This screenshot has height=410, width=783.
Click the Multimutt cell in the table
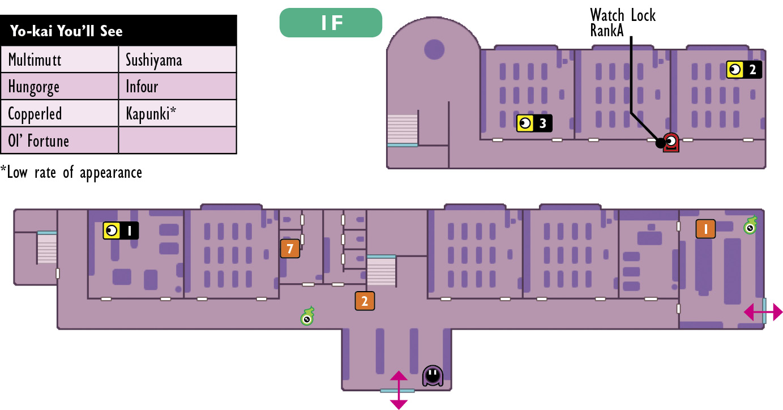(59, 59)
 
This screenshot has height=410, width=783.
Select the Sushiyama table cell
(178, 59)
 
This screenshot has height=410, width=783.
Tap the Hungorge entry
(59, 86)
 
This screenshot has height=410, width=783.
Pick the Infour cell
(178, 86)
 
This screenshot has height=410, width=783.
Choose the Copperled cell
(59, 113)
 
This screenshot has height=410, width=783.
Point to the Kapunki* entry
(178, 113)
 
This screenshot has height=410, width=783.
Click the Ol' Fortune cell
(59, 140)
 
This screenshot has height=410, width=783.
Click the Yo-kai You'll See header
(118, 31)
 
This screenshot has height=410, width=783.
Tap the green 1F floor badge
(331, 23)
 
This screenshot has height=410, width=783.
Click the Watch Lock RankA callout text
(623, 23)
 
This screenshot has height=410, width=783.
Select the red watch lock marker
(671, 142)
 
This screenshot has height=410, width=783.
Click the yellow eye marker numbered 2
(744, 70)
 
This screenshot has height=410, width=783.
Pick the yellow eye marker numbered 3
(534, 123)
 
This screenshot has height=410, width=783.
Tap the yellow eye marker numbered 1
(121, 230)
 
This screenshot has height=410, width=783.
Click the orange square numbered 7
(290, 249)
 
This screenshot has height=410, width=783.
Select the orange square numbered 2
(365, 301)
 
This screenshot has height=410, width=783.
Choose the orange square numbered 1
(705, 229)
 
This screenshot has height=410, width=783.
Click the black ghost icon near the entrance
(433, 376)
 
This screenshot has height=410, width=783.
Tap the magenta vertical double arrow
(399, 390)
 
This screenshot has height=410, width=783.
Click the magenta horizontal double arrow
(763, 312)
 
